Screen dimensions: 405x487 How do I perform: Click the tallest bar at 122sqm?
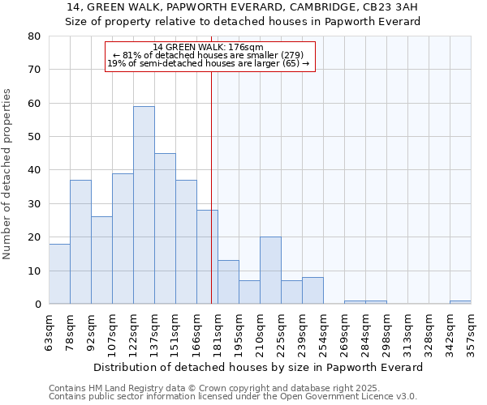pyautogui.click(x=144, y=205)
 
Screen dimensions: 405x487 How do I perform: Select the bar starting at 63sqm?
pyautogui.click(x=59, y=274)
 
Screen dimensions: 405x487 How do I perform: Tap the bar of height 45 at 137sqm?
pyautogui.click(x=165, y=228)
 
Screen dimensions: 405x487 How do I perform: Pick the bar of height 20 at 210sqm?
pyautogui.click(x=270, y=271)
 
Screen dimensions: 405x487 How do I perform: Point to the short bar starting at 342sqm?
pyautogui.click(x=460, y=302)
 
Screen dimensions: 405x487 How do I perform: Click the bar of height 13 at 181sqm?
pyautogui.click(x=228, y=282)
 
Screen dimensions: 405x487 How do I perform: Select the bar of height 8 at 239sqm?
pyautogui.click(x=312, y=291)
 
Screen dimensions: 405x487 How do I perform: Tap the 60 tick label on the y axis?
pyautogui.click(x=34, y=104)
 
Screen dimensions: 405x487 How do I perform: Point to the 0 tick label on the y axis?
pyautogui.click(x=37, y=305)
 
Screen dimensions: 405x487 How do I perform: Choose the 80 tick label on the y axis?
pyautogui.click(x=34, y=36)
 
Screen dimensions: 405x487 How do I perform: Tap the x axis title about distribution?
pyautogui.click(x=258, y=367)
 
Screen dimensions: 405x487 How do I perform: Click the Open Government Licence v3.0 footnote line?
pyautogui.click(x=233, y=397)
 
